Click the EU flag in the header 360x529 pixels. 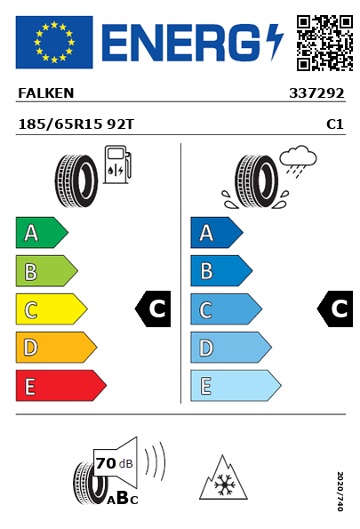point(54,42)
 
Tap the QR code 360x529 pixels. point(324,43)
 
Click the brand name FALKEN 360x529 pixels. point(46,93)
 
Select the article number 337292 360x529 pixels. point(316,93)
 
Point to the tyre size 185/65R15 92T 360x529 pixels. point(76,124)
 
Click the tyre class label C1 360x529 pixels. point(335,124)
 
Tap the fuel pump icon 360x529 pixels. point(117,164)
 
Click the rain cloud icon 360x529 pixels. point(298,161)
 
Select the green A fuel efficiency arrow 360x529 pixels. point(42,232)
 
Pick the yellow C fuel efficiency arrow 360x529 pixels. point(52,309)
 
